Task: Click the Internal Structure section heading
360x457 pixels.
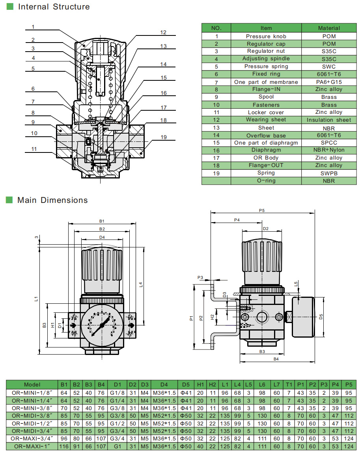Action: pos(54,7)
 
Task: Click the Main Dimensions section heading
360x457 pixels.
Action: pos(52,200)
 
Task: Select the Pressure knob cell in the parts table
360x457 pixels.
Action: pos(266,36)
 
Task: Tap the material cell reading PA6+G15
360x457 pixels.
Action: pos(329,82)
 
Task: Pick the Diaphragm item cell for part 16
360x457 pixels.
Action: pos(266,150)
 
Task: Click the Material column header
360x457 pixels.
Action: pos(329,28)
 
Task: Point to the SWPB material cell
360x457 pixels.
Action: pos(329,173)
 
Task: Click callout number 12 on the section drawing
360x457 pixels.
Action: pos(163,33)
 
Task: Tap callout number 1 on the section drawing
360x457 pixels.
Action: pos(34,27)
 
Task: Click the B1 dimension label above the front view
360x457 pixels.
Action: pos(102,221)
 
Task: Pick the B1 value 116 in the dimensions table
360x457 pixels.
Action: pos(63,446)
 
